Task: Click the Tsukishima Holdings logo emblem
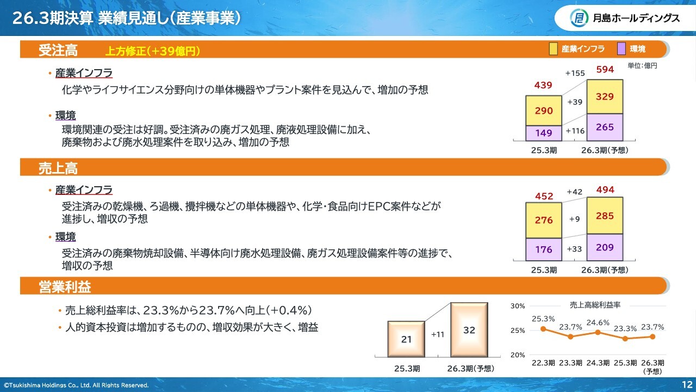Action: click(579, 18)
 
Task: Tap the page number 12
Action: click(687, 384)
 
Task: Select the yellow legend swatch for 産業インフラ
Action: click(553, 49)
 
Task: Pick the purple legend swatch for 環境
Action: click(621, 49)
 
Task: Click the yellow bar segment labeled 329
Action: click(605, 96)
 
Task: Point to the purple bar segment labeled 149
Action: click(544, 133)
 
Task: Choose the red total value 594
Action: click(605, 69)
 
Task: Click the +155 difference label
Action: click(575, 73)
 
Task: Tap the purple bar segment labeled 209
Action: click(605, 247)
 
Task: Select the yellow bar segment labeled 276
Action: click(544, 220)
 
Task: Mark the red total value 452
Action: click(544, 197)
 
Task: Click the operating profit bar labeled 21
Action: click(406, 339)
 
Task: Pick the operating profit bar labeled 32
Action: click(469, 330)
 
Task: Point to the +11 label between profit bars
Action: click(438, 334)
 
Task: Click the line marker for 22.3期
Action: click(543, 329)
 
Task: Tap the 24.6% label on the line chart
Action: click(598, 323)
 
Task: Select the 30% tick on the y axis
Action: click(518, 306)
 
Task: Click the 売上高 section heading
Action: click(58, 168)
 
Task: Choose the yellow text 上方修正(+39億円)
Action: click(153, 51)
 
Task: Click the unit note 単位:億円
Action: click(642, 66)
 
